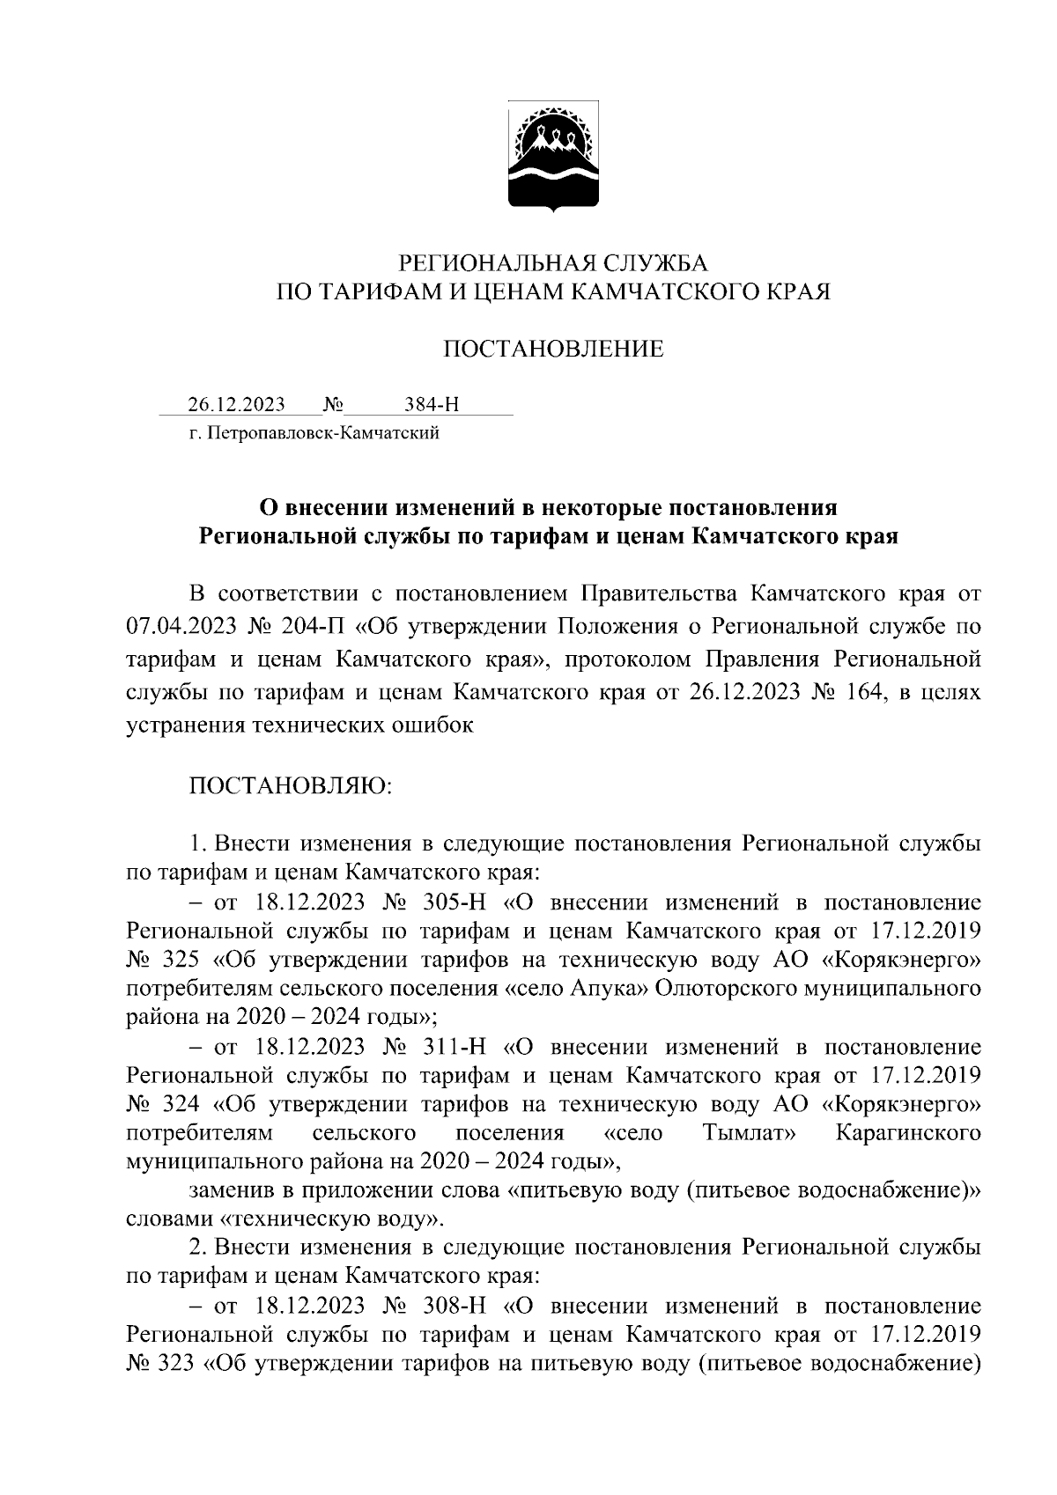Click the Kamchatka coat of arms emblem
click(553, 158)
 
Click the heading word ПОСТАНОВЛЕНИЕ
click(552, 350)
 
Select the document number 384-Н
click(432, 404)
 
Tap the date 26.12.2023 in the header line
click(236, 404)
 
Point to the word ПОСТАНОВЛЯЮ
click(291, 784)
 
